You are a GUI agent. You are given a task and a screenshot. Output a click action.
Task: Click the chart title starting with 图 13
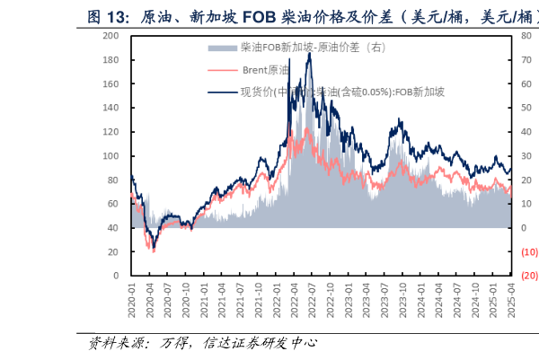pos(305,16)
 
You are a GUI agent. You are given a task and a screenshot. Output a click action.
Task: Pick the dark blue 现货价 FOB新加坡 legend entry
pos(341,91)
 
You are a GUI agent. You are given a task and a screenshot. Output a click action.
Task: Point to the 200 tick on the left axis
pos(111,36)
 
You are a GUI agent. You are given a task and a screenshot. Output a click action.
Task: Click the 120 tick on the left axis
pos(111,132)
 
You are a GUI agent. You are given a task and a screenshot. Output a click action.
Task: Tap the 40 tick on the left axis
pos(114,228)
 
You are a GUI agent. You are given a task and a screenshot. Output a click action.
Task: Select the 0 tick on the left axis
pos(117,276)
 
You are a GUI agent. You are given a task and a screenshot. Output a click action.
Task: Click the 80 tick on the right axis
pos(526,36)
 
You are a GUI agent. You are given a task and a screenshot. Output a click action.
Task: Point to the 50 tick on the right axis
pos(526,108)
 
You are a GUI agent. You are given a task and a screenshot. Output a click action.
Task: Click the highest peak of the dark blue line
pos(309,53)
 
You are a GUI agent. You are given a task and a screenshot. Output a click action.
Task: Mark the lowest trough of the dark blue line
pos(154,247)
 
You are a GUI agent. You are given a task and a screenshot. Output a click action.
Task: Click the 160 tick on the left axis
pos(111,84)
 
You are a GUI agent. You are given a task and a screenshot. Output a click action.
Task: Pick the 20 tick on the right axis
pos(526,180)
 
